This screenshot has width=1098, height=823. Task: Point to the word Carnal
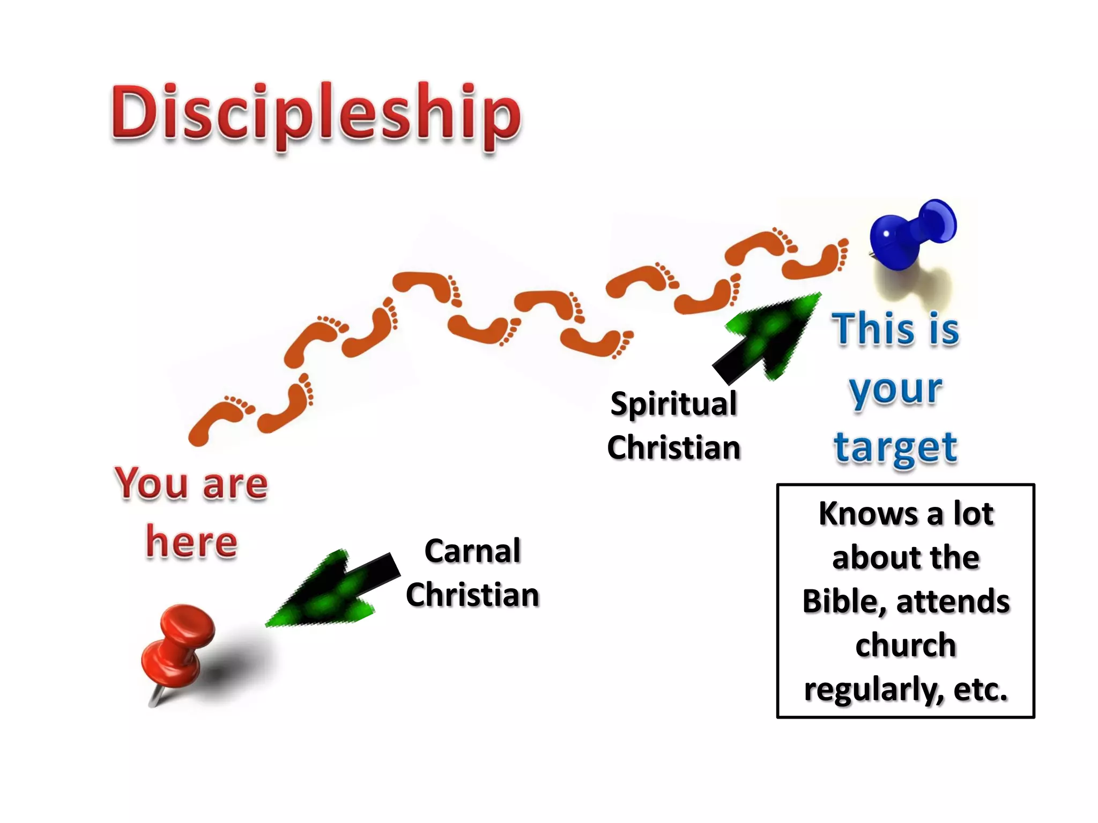[x=472, y=551]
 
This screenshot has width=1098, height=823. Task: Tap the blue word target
[x=895, y=447]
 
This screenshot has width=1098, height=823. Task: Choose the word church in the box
[x=906, y=645]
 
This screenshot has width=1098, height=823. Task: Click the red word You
[x=151, y=483]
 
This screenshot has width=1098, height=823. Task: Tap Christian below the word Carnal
[x=472, y=595]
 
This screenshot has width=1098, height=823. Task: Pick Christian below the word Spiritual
[x=673, y=448]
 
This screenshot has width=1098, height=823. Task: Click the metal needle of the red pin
[x=156, y=697]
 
